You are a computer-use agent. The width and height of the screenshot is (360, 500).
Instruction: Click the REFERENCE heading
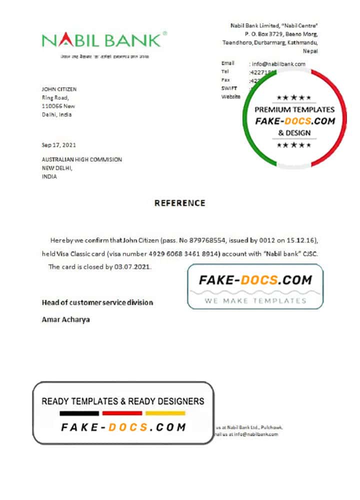(x=179, y=203)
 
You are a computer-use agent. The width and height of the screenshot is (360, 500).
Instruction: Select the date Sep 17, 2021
(x=59, y=145)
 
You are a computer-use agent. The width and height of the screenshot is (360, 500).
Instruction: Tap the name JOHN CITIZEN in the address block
(x=59, y=89)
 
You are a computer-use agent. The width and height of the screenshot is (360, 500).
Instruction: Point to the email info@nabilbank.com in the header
(x=278, y=64)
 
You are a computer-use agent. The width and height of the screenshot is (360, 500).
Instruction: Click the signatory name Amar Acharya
(x=65, y=319)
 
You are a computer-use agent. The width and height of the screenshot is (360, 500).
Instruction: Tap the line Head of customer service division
(x=97, y=302)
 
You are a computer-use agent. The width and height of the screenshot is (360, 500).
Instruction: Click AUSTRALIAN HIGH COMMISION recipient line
(x=82, y=159)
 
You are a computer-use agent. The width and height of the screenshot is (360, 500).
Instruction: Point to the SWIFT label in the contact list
(x=229, y=88)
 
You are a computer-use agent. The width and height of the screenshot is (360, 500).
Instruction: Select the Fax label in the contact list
(x=225, y=80)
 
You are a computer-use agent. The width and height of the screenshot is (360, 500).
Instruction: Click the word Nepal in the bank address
(x=310, y=51)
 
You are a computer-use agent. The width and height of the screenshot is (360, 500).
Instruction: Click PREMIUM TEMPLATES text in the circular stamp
(x=294, y=109)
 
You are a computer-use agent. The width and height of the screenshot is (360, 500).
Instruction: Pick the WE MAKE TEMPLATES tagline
(x=255, y=300)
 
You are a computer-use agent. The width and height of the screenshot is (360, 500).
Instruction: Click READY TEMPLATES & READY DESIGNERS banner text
(x=123, y=401)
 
